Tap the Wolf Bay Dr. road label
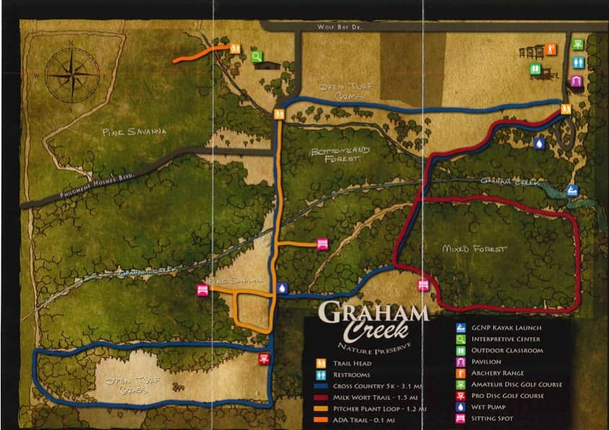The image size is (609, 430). tap(338, 27)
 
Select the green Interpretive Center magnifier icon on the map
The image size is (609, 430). tap(256, 53)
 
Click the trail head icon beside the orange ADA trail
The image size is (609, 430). tap(236, 48)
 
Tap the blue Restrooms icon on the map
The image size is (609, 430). tap(577, 63)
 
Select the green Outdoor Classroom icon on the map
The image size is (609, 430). tap(535, 69)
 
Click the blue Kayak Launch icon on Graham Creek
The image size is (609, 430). tap(572, 191)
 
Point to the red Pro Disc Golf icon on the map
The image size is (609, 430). tap(263, 359)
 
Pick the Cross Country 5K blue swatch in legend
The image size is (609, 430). tap(320, 386)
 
